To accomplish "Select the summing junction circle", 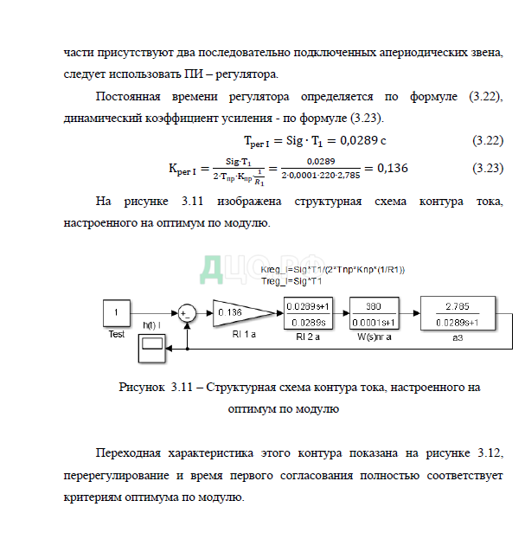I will point(186,314).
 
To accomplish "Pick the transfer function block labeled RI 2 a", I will point(311,313).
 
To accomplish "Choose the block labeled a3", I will point(458,313).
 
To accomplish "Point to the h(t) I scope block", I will point(151,348).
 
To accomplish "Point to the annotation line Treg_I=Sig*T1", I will point(291,281).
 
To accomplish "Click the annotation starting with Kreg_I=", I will point(333,271).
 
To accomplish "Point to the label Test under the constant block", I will point(117,333).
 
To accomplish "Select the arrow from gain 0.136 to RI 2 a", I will point(272,313).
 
